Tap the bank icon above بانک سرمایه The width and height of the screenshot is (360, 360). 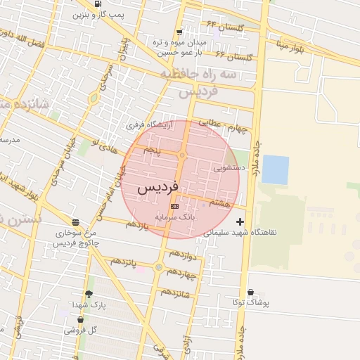tap(174, 206)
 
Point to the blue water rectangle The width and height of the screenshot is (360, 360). tap(275, 169)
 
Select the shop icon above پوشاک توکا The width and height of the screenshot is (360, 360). tap(250, 292)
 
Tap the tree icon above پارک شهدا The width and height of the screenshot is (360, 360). tap(89, 294)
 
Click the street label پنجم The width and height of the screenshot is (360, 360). tap(151, 150)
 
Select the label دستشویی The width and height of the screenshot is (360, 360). tap(229, 168)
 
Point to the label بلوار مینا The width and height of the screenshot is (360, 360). tap(290, 46)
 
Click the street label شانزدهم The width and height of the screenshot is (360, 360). tap(175, 292)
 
